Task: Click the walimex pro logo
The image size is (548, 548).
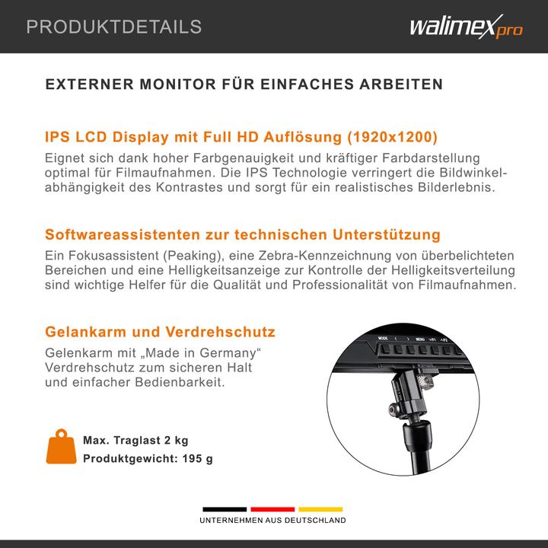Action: (x=466, y=28)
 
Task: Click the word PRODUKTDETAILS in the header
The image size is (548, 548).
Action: (x=113, y=27)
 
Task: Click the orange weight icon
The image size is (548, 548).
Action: (x=61, y=449)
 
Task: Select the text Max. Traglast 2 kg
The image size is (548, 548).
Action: (x=135, y=440)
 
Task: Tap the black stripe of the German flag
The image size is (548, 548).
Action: (x=225, y=509)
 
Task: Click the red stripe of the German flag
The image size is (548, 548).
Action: (x=272, y=509)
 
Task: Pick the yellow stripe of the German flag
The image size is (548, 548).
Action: (x=320, y=509)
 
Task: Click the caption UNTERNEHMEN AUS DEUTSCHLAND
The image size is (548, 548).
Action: (x=272, y=521)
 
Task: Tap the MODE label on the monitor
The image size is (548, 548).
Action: (x=383, y=337)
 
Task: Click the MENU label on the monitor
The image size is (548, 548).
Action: (x=419, y=338)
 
